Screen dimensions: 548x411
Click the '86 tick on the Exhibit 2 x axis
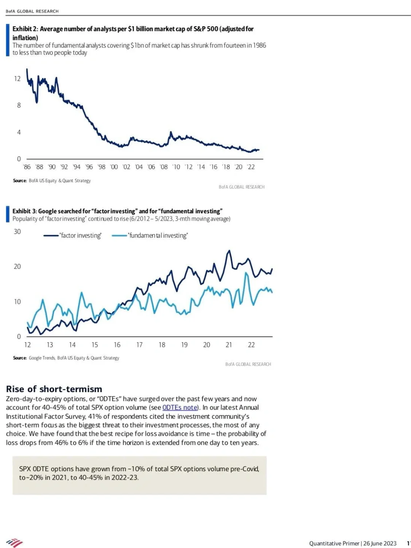27,167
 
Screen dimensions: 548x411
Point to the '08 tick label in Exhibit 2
164,167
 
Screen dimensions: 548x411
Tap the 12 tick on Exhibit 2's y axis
17,79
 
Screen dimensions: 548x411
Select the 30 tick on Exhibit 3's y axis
17,232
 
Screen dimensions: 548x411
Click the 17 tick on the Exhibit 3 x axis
139,345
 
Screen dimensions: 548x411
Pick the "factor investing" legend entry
81,236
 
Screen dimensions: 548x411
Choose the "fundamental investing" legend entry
158,236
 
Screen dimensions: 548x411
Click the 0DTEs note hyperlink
180,408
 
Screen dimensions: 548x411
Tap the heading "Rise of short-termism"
54,389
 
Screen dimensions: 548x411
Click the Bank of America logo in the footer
14,543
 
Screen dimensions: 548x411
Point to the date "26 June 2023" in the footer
380,543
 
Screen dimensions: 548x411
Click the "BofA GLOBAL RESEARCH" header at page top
32,11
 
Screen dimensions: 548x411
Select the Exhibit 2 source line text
52,181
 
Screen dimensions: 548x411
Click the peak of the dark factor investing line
229,251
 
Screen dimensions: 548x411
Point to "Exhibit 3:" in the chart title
24,211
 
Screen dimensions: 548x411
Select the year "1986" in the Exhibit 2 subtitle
259,45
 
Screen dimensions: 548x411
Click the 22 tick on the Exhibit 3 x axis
251,345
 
